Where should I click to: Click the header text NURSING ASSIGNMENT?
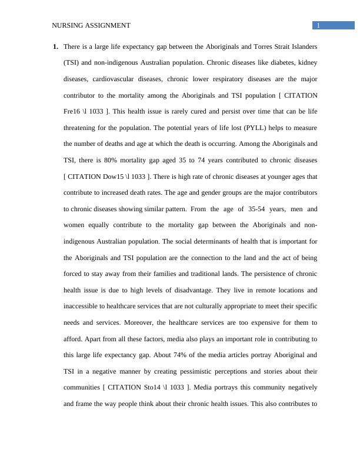(91, 25)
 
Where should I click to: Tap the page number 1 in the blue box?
(318, 25)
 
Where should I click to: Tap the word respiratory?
(238, 78)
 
